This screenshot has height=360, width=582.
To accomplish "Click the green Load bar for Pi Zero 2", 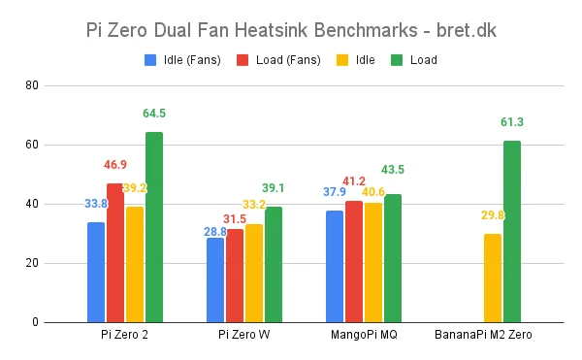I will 154,227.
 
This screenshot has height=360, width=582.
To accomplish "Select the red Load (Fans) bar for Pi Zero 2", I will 115,252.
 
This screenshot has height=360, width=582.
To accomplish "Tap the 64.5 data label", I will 154,114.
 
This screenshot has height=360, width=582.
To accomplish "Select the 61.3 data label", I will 512,122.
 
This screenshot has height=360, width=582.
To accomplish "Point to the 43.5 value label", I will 393,170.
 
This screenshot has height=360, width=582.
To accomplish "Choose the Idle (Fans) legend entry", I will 184,59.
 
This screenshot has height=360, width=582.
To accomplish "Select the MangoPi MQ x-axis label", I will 364,335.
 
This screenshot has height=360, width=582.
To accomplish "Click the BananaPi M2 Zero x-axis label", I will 483,335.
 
